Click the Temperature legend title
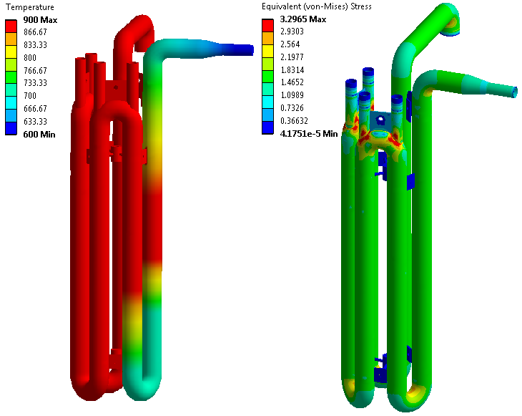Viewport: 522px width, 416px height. point(30,7)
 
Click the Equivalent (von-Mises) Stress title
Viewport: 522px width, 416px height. point(317,6)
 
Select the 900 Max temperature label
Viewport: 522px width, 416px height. point(40,20)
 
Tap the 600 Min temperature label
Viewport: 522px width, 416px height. point(39,135)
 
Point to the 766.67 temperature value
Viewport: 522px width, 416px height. point(35,70)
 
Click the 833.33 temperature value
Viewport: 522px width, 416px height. point(35,44)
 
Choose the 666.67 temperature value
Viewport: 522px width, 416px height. point(35,108)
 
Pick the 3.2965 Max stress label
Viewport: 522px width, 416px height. point(303,19)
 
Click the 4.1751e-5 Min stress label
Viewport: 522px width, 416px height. point(309,134)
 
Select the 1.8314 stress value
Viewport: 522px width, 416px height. point(292,69)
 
